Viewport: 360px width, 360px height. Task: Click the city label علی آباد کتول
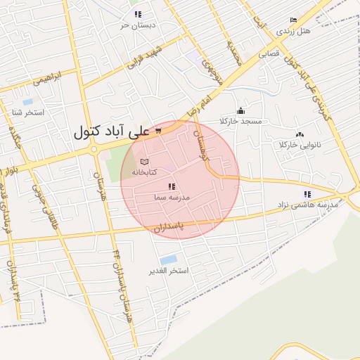coord(112,131)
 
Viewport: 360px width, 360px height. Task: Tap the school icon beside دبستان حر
coord(139,14)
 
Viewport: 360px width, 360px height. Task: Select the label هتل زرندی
coord(293,32)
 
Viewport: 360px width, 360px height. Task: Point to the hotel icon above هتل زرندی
coord(293,20)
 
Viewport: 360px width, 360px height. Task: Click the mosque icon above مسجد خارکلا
coord(241,110)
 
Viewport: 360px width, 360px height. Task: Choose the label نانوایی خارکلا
coord(300,145)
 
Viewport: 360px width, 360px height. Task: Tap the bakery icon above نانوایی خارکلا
coord(300,134)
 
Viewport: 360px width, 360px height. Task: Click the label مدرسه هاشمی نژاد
coord(307,205)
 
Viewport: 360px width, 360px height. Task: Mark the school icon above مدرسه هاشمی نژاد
coord(307,194)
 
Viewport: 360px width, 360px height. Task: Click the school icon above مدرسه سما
coord(171,187)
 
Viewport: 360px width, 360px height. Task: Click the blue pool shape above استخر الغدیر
coord(168,260)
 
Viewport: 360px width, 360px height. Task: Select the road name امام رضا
coord(199,105)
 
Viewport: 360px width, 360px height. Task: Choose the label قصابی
coord(269,53)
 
